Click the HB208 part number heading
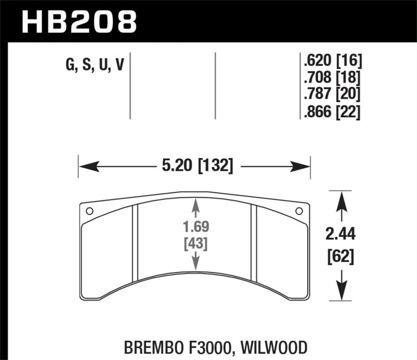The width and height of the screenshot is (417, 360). coord(78,21)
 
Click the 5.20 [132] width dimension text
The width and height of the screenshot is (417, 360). coord(194,167)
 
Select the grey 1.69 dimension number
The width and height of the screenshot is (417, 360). coord(195,228)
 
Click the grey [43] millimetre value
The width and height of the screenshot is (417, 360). coord(195,243)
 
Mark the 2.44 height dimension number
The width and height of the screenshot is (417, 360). coord(341,235)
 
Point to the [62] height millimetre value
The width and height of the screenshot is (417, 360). coord(341,256)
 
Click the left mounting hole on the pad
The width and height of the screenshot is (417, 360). coord(89,211)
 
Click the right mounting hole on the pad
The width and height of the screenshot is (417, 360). coord(299,211)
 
